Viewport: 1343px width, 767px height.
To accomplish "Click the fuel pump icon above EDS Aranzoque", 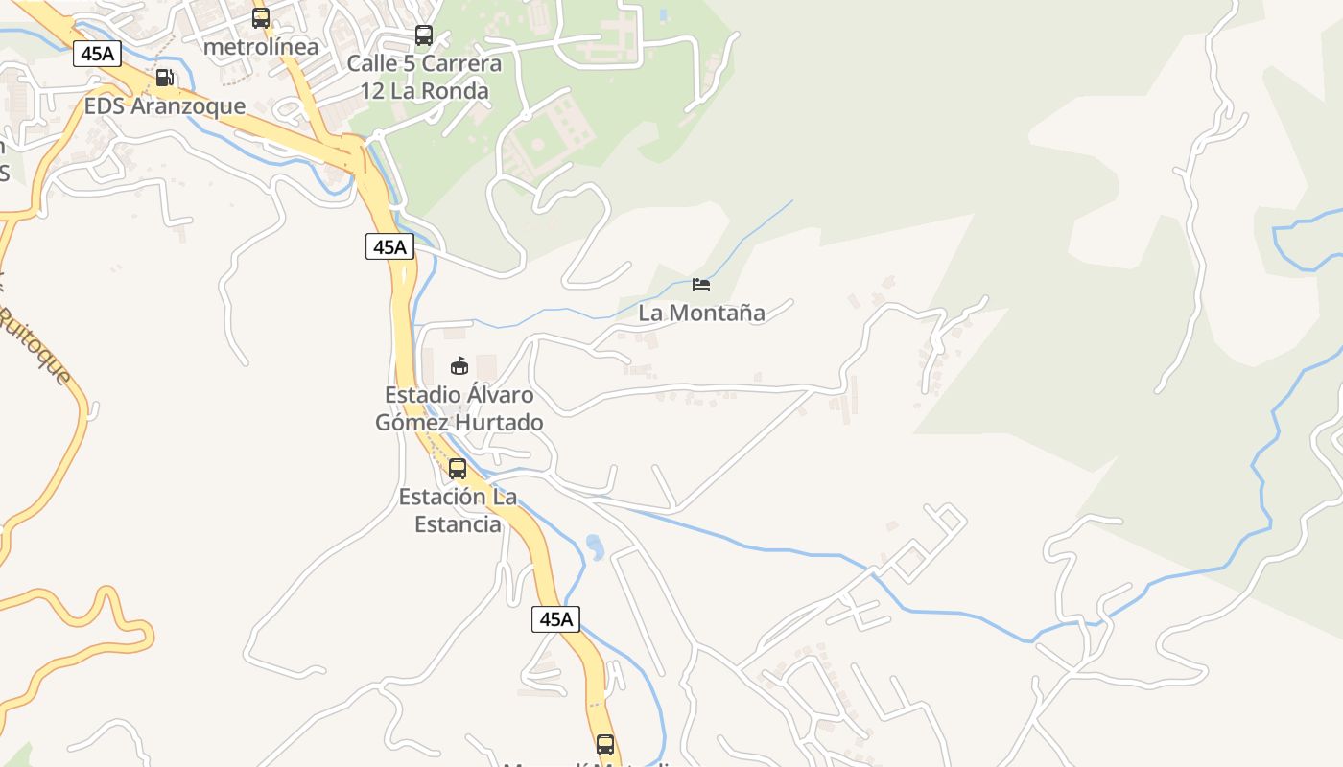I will click(x=165, y=78).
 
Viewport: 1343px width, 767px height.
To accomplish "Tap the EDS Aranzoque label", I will click(x=165, y=105).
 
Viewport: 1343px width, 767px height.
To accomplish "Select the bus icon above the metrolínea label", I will click(x=261, y=18).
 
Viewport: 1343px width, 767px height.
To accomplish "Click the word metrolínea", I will click(x=261, y=45).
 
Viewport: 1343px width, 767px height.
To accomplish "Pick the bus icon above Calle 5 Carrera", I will click(x=424, y=35).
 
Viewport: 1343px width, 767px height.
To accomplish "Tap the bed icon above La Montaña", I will click(x=701, y=285).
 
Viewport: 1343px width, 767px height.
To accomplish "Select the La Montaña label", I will click(x=701, y=313).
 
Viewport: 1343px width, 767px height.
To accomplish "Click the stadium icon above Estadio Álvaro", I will click(x=459, y=365).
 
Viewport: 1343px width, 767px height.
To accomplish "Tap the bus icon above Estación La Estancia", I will click(x=458, y=469).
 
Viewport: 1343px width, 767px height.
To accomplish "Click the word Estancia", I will click(x=458, y=524).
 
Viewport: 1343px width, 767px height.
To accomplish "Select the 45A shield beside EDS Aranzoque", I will click(x=98, y=54).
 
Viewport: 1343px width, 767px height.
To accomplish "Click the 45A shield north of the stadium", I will click(x=389, y=246).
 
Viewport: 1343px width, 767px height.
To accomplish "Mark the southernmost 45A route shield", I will click(x=555, y=618).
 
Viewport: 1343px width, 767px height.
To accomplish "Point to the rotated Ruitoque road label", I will click(x=36, y=345).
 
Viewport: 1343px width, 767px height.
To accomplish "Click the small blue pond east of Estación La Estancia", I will click(x=595, y=546).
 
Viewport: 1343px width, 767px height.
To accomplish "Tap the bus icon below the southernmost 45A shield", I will click(x=605, y=744).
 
